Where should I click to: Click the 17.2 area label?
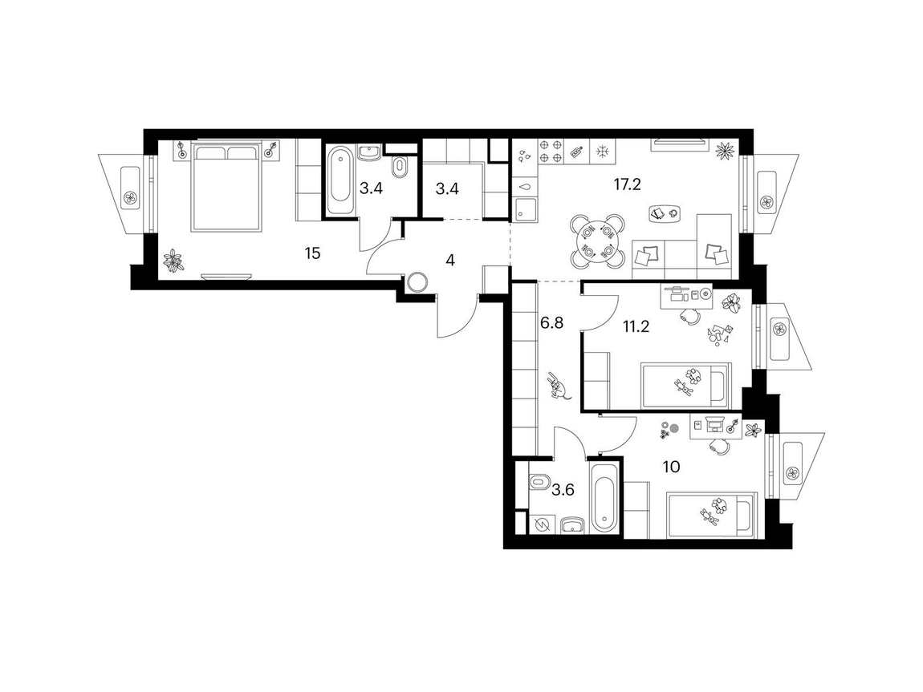[627, 184]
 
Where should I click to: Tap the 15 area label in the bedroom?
[312, 254]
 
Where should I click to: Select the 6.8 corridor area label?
[551, 322]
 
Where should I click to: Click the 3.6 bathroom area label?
[563, 490]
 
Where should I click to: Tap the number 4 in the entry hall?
[450, 260]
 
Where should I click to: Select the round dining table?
[597, 241]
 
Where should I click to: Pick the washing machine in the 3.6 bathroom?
[542, 524]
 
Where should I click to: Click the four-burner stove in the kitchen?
[551, 150]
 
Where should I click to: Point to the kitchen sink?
[525, 208]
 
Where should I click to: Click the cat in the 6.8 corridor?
[558, 386]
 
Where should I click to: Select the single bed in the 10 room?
[710, 516]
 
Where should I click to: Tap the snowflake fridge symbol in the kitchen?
[602, 151]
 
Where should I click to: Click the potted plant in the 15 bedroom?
[173, 261]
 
